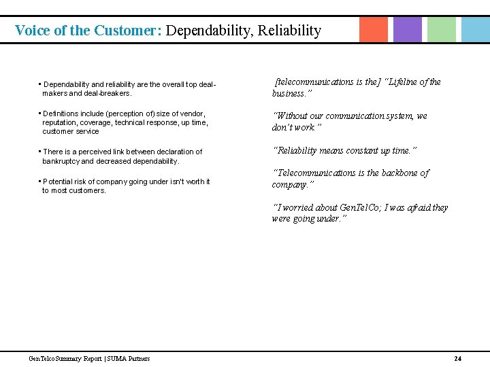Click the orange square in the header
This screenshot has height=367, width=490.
374,29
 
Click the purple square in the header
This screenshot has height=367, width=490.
408,29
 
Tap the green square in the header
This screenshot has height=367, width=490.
442,29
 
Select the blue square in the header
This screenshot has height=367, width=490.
475,29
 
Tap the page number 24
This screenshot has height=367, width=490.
457,358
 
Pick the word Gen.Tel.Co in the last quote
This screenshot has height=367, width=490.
357,207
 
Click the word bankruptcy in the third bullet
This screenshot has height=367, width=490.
61,161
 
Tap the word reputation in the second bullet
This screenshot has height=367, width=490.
62,122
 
